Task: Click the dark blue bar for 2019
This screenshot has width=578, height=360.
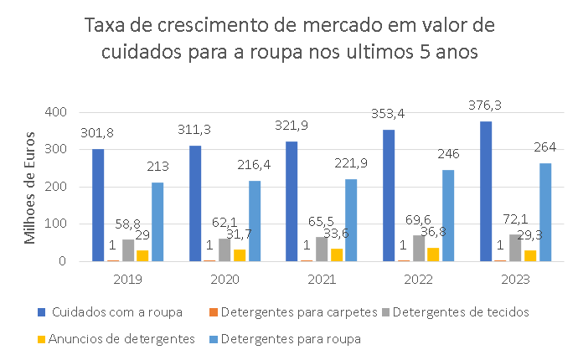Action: [98, 205]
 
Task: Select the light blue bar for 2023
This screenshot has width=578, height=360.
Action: [544, 212]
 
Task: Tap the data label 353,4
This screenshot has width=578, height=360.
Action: [388, 113]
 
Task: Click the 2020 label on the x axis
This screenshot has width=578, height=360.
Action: [224, 277]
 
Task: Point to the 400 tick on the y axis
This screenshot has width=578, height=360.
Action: [55, 112]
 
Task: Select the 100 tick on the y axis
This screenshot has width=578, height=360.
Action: [55, 224]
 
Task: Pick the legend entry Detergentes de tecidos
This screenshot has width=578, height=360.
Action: [458, 312]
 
